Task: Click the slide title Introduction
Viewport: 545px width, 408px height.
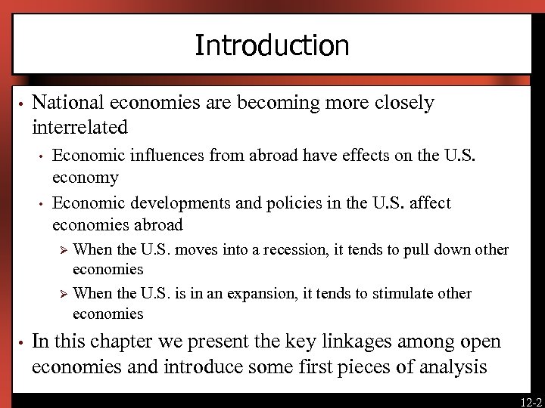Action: [272, 45]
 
